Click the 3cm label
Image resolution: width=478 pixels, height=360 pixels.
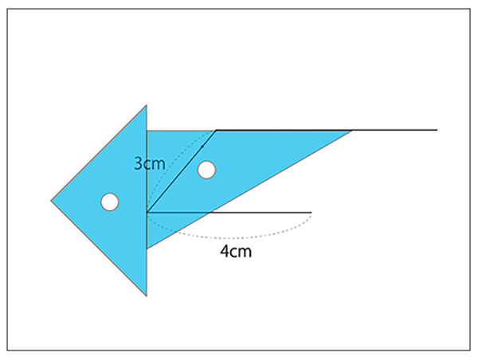150,164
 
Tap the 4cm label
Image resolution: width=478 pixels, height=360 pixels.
236,252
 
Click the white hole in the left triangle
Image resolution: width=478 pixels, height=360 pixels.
110,202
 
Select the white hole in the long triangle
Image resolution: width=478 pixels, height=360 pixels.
206,170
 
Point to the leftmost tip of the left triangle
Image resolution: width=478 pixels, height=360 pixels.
51,201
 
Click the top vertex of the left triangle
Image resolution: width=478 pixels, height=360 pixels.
147,105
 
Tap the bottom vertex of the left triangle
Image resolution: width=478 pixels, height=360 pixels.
147,295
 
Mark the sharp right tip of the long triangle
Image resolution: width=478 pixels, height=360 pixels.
352,131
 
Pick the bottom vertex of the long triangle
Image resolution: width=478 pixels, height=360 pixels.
147,248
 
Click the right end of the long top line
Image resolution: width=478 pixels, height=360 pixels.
437,130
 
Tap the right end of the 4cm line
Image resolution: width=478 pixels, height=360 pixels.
311,213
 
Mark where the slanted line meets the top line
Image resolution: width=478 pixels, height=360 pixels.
217,130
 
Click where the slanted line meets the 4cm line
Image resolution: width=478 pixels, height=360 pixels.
147,212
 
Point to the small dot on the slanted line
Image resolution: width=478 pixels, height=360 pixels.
202,147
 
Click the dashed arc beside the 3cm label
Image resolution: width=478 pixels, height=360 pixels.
159,170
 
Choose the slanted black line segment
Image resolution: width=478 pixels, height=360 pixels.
182,171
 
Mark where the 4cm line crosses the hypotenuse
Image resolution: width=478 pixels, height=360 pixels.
210,213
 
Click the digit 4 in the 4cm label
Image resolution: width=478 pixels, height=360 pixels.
224,252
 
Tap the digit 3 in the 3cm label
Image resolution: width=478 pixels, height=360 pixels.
138,164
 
